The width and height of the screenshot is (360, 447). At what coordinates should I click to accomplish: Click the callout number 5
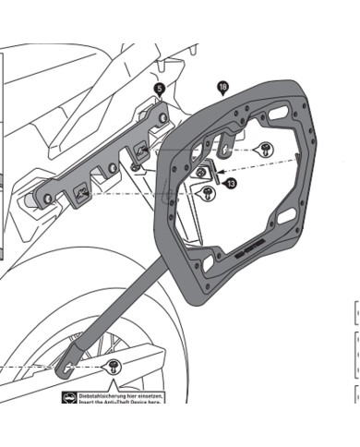[x=159, y=88]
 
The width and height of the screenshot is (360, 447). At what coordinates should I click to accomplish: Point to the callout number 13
[x=231, y=184]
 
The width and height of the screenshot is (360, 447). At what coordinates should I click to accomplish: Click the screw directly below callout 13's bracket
[x=209, y=193]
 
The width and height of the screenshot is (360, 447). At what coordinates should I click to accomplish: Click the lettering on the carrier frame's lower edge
[x=252, y=251]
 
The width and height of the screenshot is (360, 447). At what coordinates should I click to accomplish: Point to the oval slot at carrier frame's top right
[x=279, y=117]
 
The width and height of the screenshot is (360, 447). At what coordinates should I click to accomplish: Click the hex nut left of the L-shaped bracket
[x=199, y=173]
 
